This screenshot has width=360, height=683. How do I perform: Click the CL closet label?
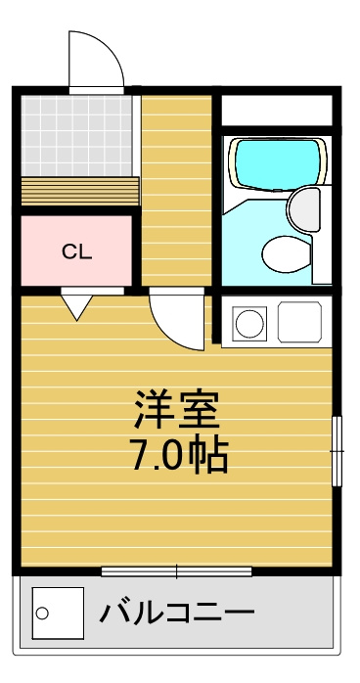pos(76,252)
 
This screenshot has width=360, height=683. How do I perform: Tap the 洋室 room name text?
pos(177,409)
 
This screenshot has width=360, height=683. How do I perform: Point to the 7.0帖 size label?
pos(180,456)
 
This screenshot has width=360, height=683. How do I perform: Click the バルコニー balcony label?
pos(177,614)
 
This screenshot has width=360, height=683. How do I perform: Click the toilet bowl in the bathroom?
pos(287,254)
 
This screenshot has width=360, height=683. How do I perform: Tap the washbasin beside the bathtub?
pos(304,209)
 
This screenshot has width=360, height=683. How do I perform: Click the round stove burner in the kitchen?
pos(249,323)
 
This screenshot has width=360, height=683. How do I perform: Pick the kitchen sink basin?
pos(299,322)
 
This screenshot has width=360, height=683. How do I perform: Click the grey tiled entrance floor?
pos(76,136)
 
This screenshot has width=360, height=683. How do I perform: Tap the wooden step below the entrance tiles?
pos(80,191)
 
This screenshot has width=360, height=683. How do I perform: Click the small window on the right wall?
pos(337,451)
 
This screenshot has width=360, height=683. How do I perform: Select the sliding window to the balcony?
pos(177,571)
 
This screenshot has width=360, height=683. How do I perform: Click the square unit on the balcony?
pos(58,613)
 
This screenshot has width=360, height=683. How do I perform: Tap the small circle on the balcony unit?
pos(42,614)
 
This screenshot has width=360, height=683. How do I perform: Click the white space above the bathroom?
pos(277,111)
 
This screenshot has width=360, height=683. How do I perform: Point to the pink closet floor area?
pos(76,250)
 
